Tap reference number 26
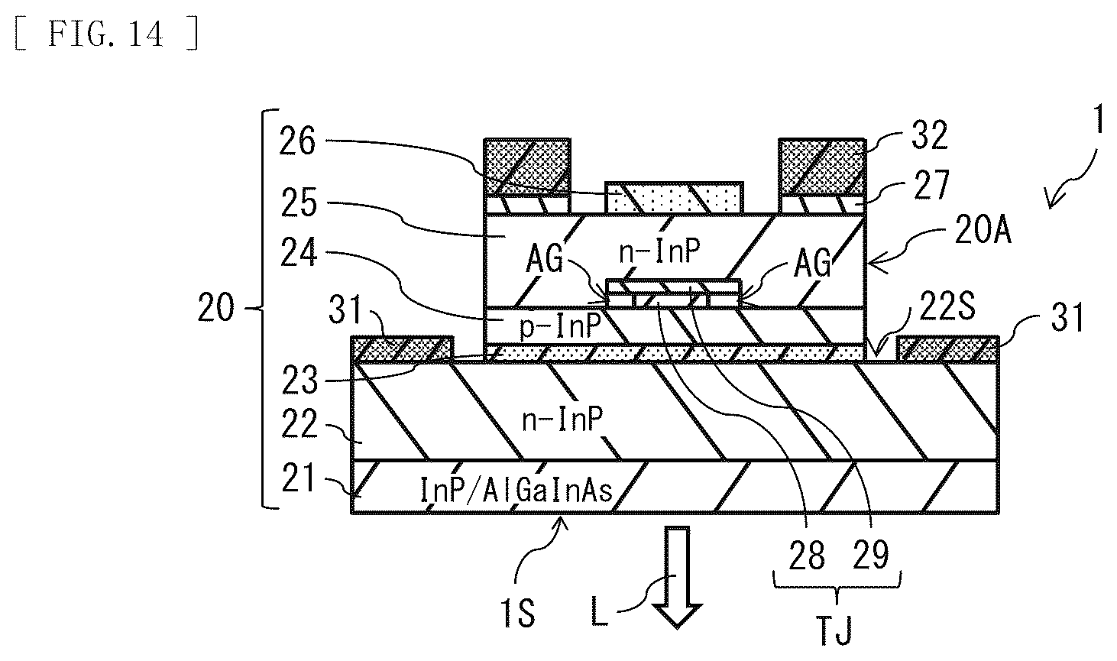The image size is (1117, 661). tap(297, 141)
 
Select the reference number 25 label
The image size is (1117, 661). tap(299, 203)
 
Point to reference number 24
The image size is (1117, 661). tap(299, 252)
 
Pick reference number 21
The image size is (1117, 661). tap(299, 478)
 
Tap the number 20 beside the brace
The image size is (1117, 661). tap(215, 307)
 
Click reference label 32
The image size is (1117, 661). tap(930, 134)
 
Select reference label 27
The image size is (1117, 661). tap(931, 185)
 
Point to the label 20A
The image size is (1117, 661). tap(983, 230)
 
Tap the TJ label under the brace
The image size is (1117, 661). tap(835, 630)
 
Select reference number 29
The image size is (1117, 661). tap(871, 555)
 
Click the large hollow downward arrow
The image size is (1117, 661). tap(677, 577)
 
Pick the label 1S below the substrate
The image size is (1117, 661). tap(518, 613)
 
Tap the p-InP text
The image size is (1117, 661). tap(560, 326)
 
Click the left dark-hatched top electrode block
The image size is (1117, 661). tap(527, 167)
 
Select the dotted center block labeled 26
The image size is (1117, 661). tap(674, 198)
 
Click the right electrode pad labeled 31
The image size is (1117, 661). tap(947, 348)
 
